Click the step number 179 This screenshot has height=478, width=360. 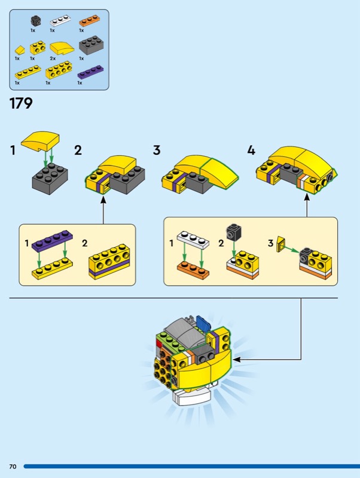[21, 103]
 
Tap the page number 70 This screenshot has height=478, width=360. [13, 467]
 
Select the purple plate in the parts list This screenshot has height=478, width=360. [90, 72]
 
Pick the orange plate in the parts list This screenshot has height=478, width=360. [90, 21]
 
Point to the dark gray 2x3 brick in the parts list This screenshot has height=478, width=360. [91, 45]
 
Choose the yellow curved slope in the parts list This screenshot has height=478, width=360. [62, 48]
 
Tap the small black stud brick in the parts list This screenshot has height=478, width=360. [35, 22]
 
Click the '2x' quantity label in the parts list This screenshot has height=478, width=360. [53, 59]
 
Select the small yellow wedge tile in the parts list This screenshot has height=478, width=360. [20, 50]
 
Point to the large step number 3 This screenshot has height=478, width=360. [157, 151]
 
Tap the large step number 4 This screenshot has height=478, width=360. [251, 151]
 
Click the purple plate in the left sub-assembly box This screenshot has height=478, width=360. [53, 240]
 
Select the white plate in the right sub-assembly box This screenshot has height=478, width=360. [193, 240]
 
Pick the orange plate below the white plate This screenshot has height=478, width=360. [193, 269]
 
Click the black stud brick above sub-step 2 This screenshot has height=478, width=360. [234, 232]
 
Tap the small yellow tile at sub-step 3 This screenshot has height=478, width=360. [280, 244]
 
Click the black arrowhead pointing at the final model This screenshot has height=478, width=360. [236, 360]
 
